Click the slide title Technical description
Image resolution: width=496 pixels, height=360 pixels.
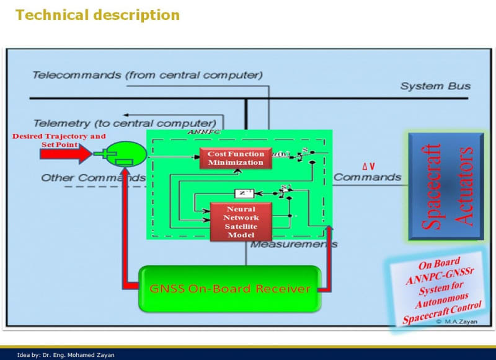point(97,14)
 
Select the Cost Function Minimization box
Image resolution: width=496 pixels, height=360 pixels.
point(236,159)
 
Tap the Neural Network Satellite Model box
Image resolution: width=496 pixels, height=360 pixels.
point(241,222)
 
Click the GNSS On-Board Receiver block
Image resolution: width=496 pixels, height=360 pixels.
point(229,289)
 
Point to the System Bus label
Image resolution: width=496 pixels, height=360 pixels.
point(435,86)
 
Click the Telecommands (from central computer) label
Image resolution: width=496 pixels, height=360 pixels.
point(148,76)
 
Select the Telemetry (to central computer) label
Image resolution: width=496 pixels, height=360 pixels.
point(125,123)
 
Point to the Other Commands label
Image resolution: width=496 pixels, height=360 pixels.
point(93,178)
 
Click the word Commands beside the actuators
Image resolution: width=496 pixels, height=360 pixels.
point(367,177)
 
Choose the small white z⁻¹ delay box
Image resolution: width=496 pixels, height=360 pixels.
point(244,193)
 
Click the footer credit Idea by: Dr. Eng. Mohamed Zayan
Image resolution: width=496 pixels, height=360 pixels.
point(66,355)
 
